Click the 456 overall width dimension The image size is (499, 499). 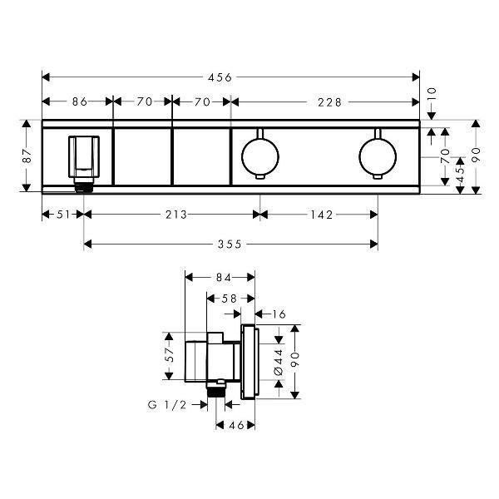pyautogui.click(x=220, y=77)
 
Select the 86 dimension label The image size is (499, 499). pyautogui.click(x=80, y=101)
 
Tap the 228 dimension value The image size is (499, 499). pyautogui.click(x=329, y=102)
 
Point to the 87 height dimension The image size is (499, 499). pyautogui.click(x=27, y=156)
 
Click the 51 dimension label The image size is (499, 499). pyautogui.click(x=63, y=215)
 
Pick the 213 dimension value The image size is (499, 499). pyautogui.click(x=176, y=215)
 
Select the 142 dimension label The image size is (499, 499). pyautogui.click(x=322, y=215)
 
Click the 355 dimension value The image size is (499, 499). pyautogui.click(x=230, y=245)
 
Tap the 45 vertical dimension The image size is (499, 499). pyautogui.click(x=460, y=174)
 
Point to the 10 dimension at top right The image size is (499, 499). pyautogui.click(x=431, y=95)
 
